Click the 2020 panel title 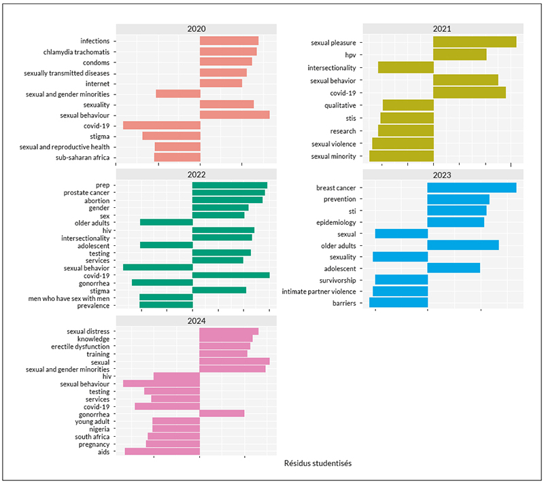(197, 29)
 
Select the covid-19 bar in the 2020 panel (162, 125)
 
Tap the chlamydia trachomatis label (76, 52)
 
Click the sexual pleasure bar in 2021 (475, 42)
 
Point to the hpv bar (460, 54)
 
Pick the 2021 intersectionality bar (406, 67)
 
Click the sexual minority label (333, 156)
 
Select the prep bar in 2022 (230, 185)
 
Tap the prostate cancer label (86, 193)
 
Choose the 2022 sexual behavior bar (158, 267)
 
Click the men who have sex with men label (69, 298)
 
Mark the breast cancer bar (472, 187)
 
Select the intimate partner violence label (319, 291)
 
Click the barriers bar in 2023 (398, 302)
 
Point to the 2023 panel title (441, 175)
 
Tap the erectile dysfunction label (80, 346)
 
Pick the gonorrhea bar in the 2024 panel (222, 413)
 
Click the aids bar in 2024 (163, 451)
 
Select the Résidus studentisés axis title (318, 463)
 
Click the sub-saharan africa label (82, 158)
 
